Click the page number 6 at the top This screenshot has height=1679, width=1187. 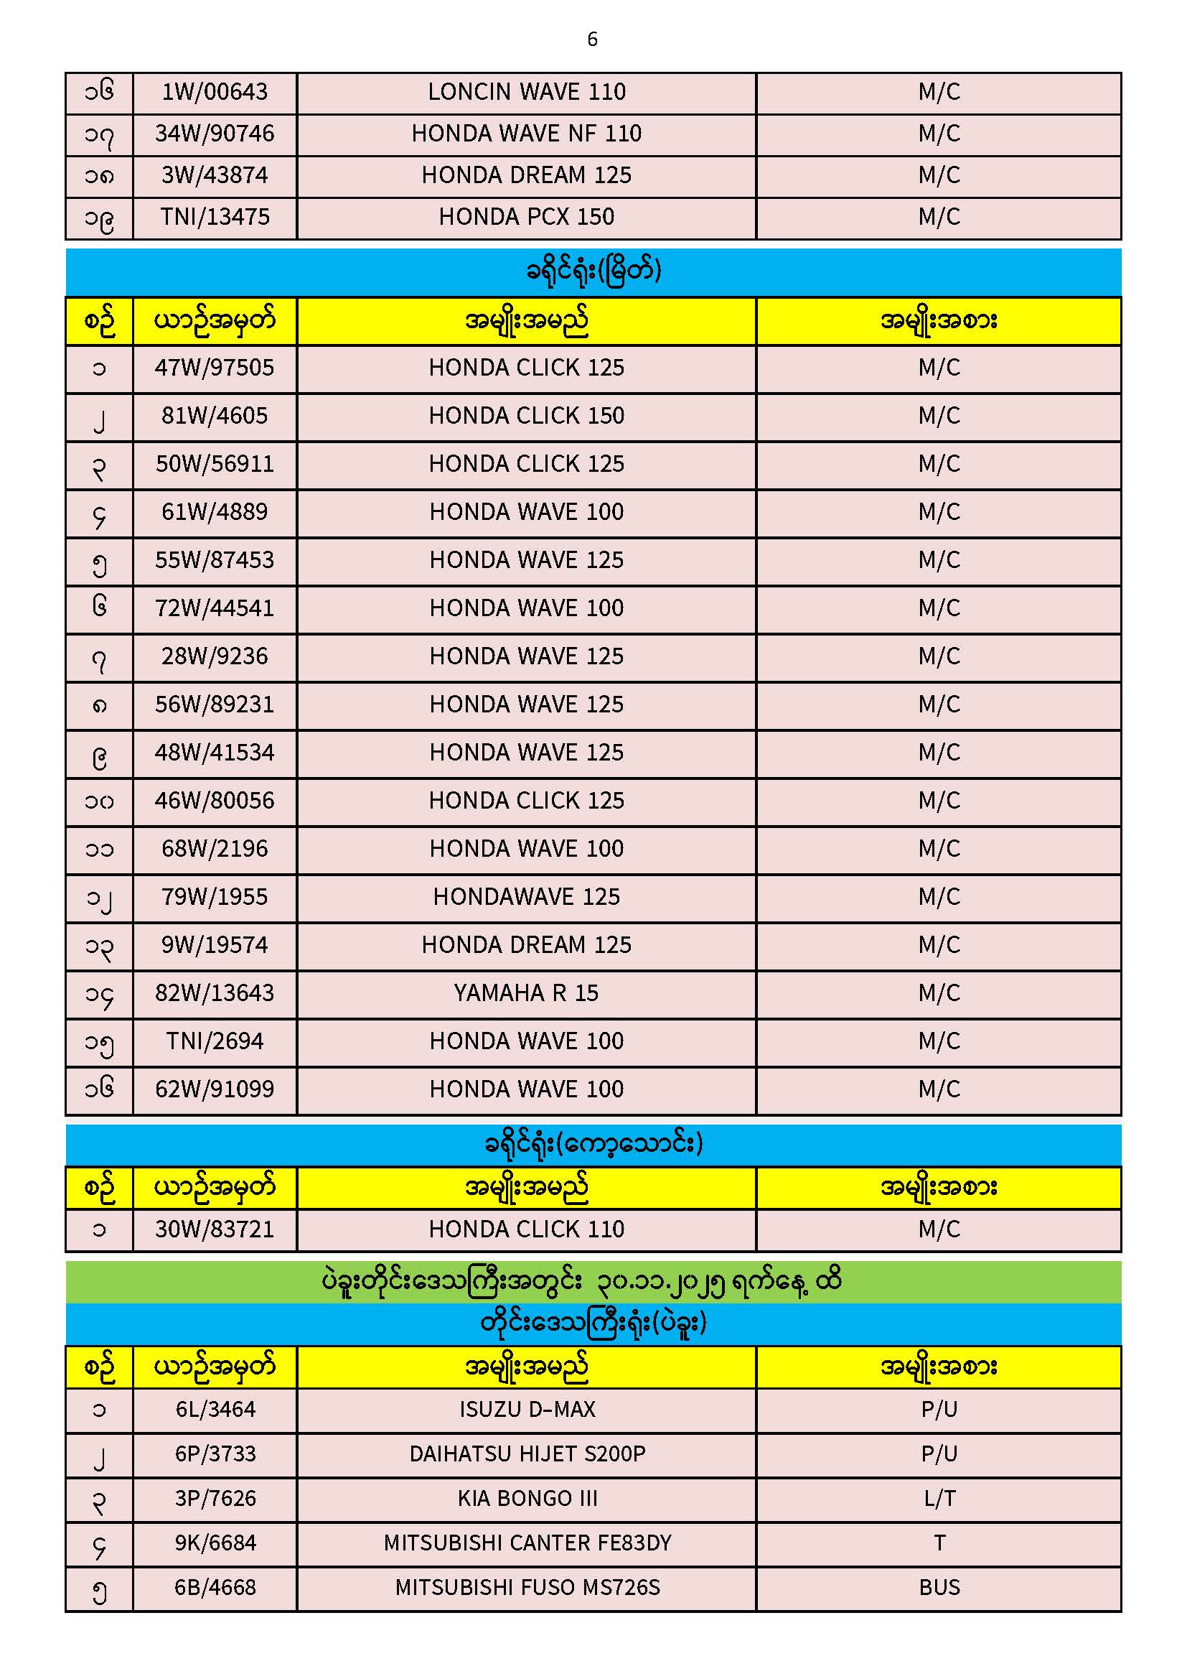[592, 39]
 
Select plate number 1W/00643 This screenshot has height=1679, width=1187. [214, 92]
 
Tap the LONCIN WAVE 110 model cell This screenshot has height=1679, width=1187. [526, 92]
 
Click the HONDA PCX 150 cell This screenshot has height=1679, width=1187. [526, 217]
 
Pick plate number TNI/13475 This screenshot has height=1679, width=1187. [214, 217]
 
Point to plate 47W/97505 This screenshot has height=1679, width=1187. [214, 368]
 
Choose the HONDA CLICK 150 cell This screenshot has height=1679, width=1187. [526, 416]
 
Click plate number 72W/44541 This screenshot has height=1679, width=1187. [214, 608]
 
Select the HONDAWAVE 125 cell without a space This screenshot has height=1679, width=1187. [526, 897]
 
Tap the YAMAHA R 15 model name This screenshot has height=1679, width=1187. [526, 993]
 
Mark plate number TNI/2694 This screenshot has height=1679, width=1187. [214, 1041]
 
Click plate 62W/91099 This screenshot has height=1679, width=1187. [214, 1089]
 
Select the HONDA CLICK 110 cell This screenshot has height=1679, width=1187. [526, 1229]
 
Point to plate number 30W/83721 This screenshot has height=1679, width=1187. [214, 1229]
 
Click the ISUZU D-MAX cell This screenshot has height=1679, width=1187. [526, 1409]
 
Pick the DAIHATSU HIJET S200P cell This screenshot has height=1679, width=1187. [526, 1454]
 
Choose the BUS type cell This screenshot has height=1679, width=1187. [939, 1588]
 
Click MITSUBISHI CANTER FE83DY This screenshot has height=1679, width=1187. [526, 1543]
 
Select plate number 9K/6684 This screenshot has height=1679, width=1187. [215, 1543]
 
